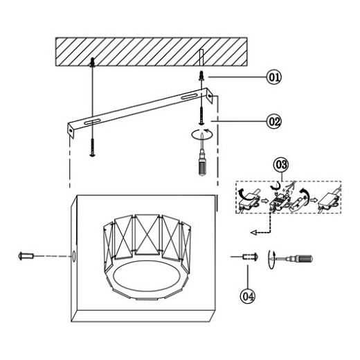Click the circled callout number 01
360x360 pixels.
tap(274, 77)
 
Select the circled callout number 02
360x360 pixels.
tap(274, 121)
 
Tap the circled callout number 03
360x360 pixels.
tap(281, 165)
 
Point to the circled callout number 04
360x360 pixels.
tap(248, 296)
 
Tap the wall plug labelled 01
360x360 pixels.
tap(201, 75)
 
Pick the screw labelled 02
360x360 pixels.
tap(201, 116)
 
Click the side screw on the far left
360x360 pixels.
tap(26, 256)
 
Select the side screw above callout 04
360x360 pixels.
tap(250, 256)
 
